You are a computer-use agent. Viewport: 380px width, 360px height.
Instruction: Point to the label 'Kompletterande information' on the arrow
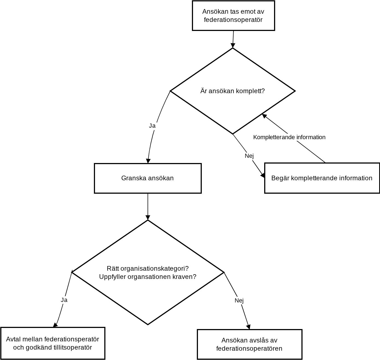(289, 137)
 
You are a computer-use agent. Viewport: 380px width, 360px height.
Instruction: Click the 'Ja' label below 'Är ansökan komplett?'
(152, 126)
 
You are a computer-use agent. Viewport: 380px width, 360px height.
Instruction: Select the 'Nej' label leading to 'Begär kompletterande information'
(249, 156)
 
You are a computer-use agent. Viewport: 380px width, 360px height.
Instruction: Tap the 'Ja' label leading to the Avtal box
(64, 300)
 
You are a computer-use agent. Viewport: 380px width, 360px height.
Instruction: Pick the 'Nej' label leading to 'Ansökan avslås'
(239, 301)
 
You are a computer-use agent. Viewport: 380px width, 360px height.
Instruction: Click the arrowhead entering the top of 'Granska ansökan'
(148, 161)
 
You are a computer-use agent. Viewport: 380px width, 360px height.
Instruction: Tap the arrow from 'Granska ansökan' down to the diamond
(148, 207)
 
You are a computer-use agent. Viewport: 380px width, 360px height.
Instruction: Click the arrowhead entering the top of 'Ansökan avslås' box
(249, 327)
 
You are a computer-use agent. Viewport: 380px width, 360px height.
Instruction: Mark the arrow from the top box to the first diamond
(233, 39)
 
